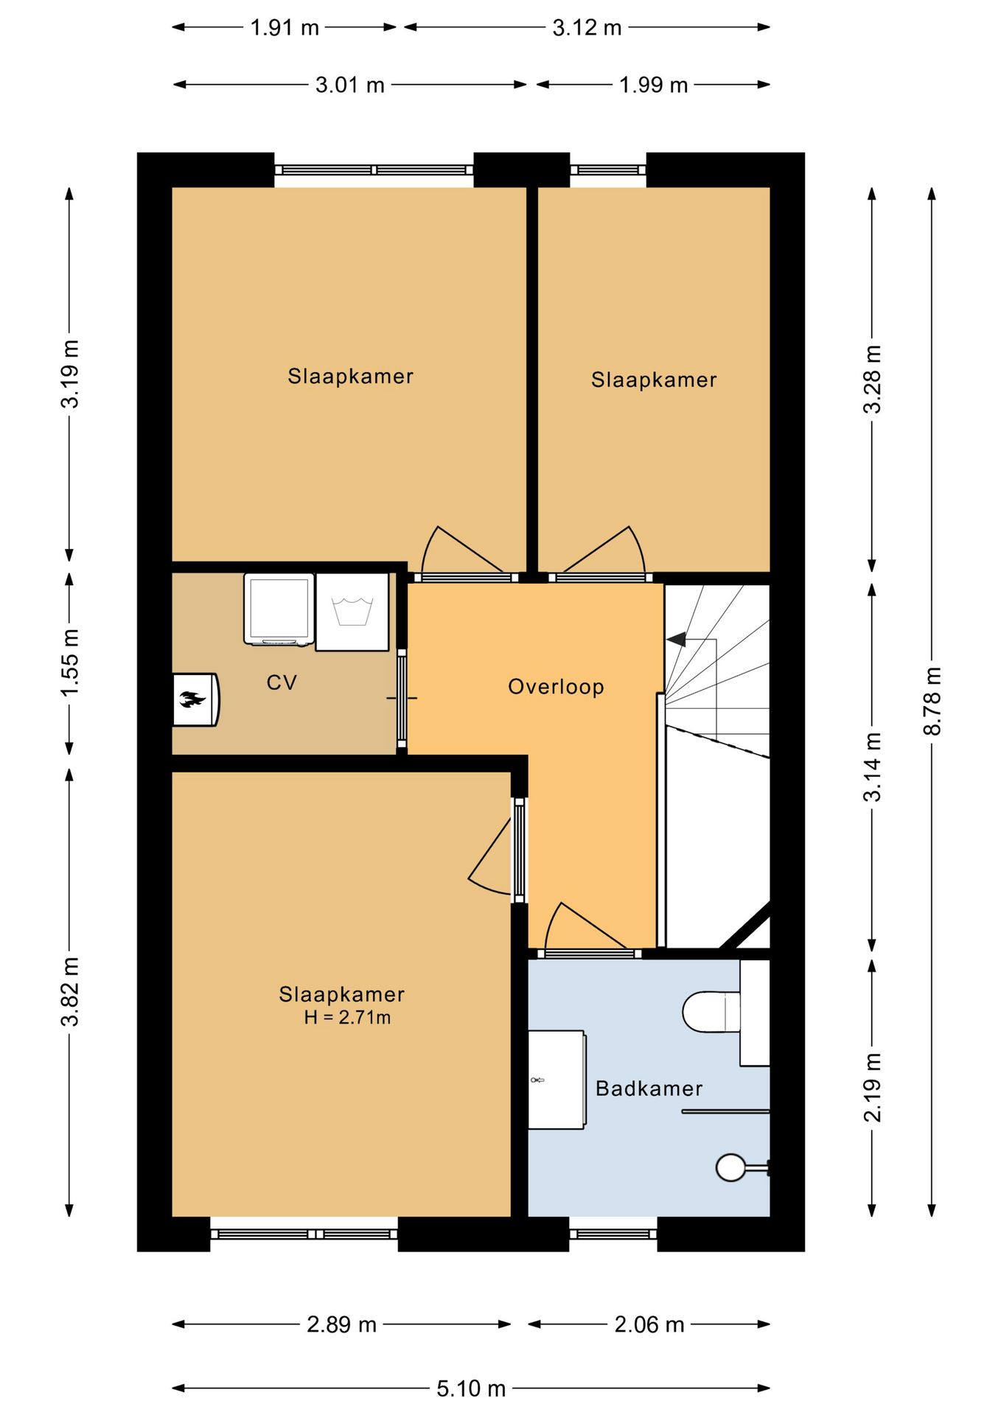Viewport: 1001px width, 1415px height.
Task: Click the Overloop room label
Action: point(556,687)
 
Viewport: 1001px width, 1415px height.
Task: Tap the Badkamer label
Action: point(649,1089)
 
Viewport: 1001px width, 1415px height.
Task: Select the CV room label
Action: point(282,682)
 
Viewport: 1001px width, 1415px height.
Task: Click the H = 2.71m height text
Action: point(347,1018)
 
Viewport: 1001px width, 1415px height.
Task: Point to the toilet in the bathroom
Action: point(711,1012)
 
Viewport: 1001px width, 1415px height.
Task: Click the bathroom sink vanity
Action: point(557,1080)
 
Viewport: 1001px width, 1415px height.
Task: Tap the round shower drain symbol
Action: point(731,1167)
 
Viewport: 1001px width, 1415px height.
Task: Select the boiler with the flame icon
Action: point(195,699)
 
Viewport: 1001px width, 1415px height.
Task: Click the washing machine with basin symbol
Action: point(352,612)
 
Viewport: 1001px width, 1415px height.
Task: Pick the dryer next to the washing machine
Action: point(279,609)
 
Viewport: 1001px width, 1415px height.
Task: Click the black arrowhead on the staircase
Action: point(676,639)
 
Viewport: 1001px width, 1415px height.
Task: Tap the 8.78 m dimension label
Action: point(932,701)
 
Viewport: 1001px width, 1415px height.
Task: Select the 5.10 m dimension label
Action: point(471,1388)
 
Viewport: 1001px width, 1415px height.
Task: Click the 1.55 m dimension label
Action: point(70,663)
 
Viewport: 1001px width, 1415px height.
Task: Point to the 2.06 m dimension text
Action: point(649,1324)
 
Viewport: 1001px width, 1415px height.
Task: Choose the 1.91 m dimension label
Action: point(285,28)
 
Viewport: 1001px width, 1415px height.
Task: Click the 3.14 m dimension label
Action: point(873,766)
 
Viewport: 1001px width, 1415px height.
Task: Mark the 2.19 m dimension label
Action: point(873,1088)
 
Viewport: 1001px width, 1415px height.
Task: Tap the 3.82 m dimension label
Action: point(70,992)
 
